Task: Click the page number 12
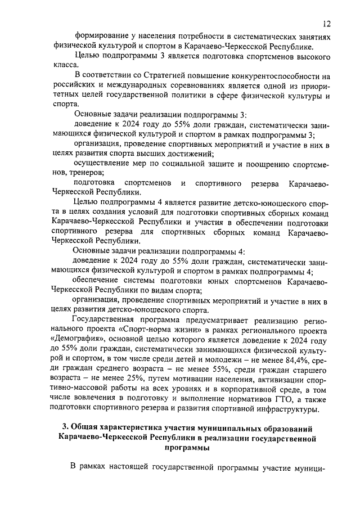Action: click(x=327, y=23)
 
